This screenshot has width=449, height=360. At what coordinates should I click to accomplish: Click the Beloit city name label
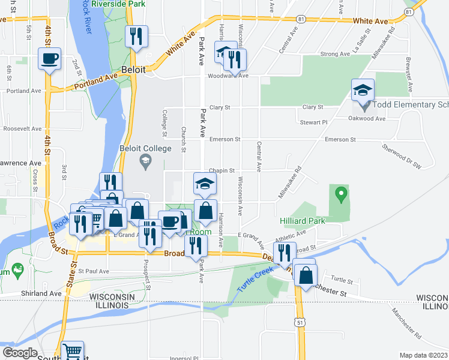(133, 70)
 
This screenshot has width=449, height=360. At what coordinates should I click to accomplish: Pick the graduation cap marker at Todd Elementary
(363, 90)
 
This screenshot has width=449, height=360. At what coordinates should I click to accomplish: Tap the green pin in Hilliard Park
(342, 194)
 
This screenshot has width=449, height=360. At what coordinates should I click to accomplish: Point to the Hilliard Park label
(302, 221)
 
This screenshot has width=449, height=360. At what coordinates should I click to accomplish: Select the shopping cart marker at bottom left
(72, 351)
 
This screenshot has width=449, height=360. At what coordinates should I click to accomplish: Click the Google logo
(20, 352)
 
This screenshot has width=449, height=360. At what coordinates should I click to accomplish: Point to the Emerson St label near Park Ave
(224, 139)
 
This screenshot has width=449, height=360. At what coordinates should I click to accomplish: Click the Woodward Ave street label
(228, 76)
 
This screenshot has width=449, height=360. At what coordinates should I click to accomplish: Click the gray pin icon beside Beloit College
(145, 161)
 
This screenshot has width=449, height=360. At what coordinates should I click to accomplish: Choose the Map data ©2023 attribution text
(423, 355)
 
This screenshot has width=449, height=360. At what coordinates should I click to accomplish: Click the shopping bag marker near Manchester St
(306, 275)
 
